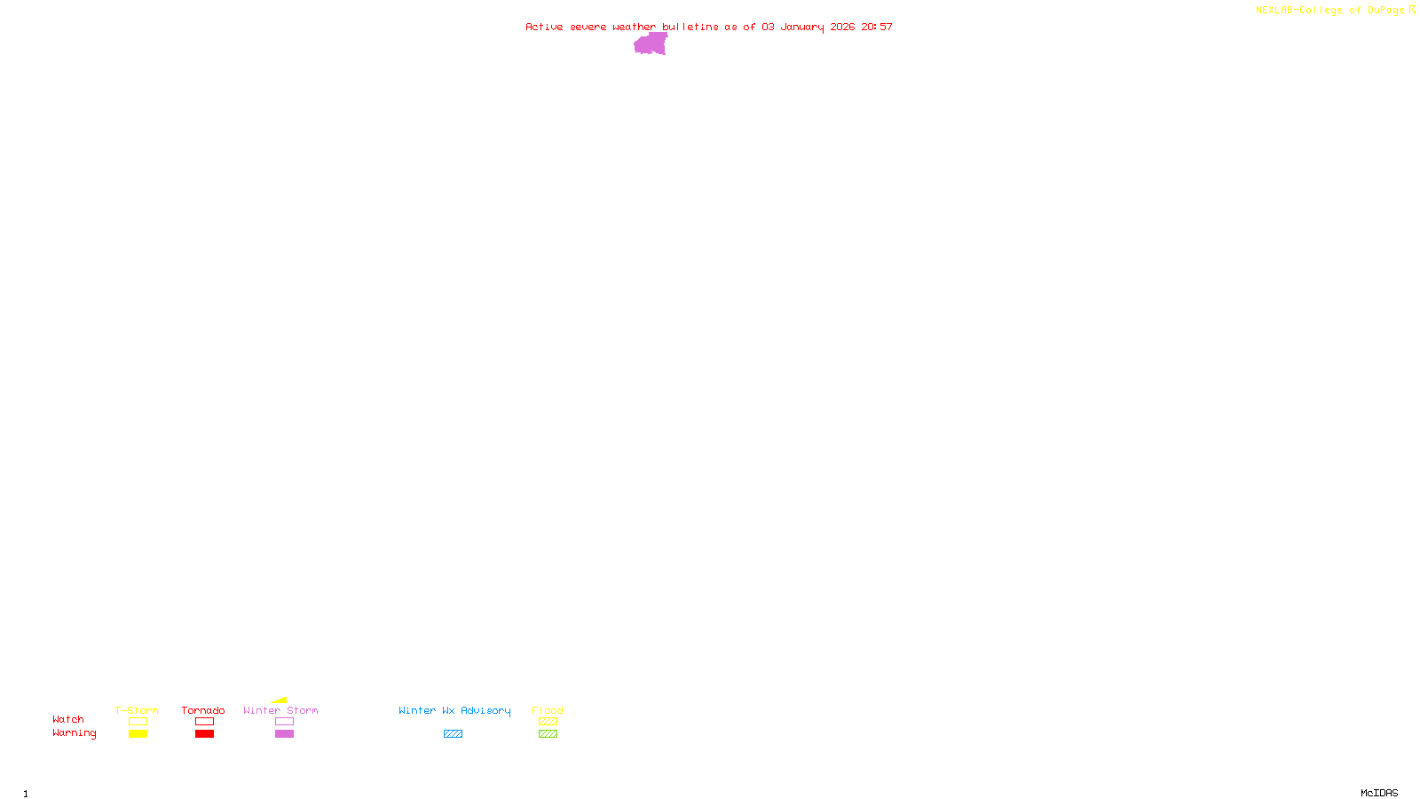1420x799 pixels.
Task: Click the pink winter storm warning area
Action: [x=651, y=44]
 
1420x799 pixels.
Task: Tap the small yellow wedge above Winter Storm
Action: [x=280, y=700]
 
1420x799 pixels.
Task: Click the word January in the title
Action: [x=801, y=28]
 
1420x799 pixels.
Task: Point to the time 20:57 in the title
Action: [x=876, y=28]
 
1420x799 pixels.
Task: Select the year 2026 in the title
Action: [x=842, y=28]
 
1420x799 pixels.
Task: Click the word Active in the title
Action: [x=543, y=28]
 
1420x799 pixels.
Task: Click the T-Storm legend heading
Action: [x=137, y=710]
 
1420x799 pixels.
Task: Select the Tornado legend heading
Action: [x=203, y=710]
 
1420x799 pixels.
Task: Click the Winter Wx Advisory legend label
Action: [x=454, y=710]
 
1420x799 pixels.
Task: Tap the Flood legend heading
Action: [x=548, y=710]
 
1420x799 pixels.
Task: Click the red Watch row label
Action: [x=68, y=720]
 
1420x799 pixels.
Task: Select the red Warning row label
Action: [x=74, y=733]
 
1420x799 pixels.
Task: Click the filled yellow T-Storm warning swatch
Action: [x=138, y=734]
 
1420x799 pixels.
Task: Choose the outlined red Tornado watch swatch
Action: [x=204, y=722]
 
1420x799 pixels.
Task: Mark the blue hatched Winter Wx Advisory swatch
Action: [x=453, y=734]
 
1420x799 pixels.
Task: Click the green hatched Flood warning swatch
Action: [x=548, y=734]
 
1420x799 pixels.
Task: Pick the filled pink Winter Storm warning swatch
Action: [x=284, y=734]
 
